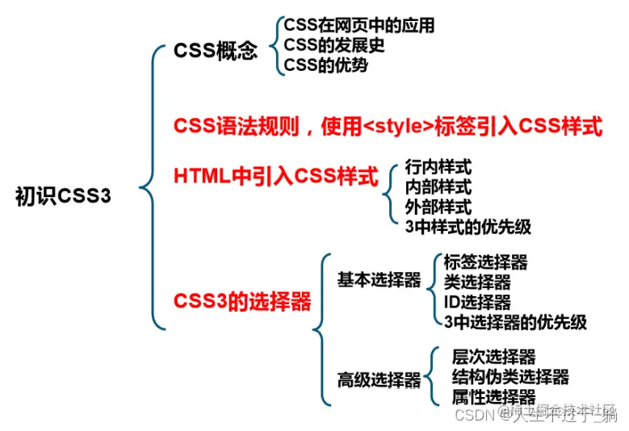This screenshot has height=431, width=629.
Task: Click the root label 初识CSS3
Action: point(63,197)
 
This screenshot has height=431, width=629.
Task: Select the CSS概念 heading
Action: point(216,52)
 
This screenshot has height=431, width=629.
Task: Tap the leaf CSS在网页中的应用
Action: point(359,26)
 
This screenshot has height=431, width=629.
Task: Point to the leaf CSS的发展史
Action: point(334,45)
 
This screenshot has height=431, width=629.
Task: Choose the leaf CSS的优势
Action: point(325,65)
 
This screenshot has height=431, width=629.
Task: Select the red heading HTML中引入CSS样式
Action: point(276,175)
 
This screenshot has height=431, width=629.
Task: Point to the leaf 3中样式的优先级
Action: point(468,227)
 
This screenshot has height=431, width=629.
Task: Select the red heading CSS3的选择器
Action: point(242,302)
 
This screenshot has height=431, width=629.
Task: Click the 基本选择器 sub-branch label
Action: point(379,281)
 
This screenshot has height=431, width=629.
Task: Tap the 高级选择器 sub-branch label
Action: point(379,379)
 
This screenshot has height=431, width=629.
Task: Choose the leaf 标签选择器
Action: point(485,262)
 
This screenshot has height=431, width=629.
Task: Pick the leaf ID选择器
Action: point(477,302)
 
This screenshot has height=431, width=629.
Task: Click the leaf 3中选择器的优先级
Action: point(515,322)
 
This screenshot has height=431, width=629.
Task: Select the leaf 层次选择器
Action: point(494,358)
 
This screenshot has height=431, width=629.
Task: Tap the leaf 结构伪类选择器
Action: point(510,377)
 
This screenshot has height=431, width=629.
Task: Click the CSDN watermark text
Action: point(475,414)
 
